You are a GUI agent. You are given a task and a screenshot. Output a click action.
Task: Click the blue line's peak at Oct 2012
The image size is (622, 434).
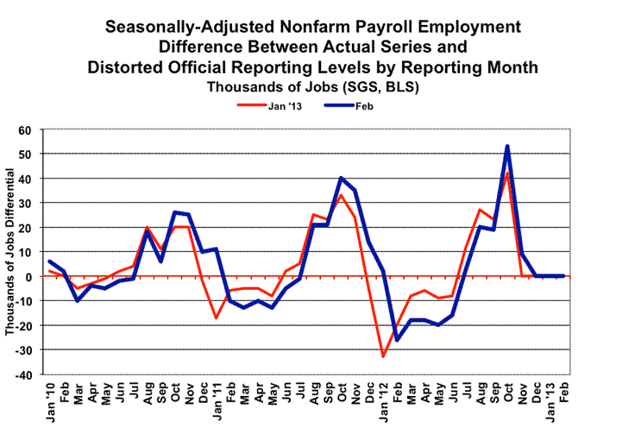(507, 147)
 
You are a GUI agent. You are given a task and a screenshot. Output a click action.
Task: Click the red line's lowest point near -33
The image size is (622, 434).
(383, 356)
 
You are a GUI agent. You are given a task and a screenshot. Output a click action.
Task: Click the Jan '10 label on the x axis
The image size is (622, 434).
(51, 404)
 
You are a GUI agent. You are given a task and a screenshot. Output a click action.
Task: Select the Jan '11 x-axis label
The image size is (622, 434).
(217, 404)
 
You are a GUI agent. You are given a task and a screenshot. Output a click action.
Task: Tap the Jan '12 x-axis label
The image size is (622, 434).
(382, 404)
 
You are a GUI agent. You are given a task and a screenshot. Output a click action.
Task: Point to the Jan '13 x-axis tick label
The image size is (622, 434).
(549, 404)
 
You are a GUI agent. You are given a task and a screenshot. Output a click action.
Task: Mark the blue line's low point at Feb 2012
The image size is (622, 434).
(397, 339)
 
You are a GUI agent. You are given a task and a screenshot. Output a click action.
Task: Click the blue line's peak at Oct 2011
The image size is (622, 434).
(342, 178)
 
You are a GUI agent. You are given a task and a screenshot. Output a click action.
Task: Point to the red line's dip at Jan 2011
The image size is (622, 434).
(217, 318)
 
